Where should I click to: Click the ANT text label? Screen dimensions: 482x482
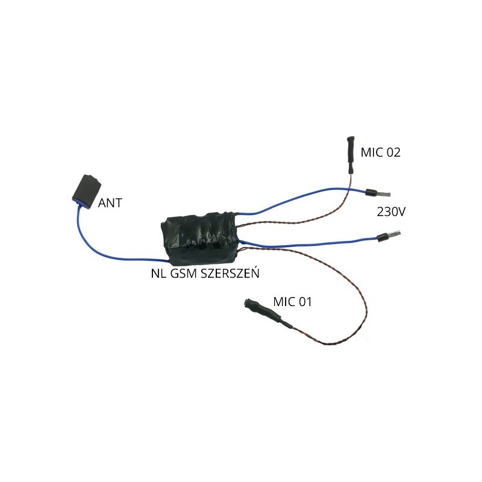(x=110, y=203)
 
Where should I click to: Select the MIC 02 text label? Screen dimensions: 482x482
(x=381, y=152)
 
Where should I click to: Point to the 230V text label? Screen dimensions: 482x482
(x=391, y=212)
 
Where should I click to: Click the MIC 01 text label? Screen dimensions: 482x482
(x=292, y=302)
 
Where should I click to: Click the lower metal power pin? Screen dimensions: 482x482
(x=393, y=234)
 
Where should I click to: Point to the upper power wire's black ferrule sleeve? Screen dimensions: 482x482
(x=371, y=193)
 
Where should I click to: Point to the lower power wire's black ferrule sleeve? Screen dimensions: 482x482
(x=381, y=236)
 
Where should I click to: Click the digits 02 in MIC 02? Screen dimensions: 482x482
(x=393, y=152)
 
